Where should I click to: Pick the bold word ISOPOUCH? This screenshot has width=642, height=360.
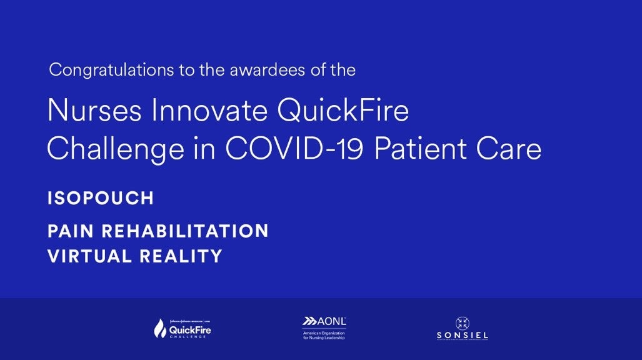(101, 199)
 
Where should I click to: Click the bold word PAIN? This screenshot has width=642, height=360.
(71, 231)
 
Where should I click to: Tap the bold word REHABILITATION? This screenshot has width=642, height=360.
(185, 231)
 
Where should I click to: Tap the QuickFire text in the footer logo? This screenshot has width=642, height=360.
(191, 329)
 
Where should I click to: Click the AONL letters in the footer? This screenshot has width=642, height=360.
(331, 321)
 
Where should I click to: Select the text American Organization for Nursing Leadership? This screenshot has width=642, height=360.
(324, 335)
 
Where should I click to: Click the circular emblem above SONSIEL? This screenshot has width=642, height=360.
(463, 323)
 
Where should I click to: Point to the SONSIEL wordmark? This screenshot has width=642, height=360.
(463, 336)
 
